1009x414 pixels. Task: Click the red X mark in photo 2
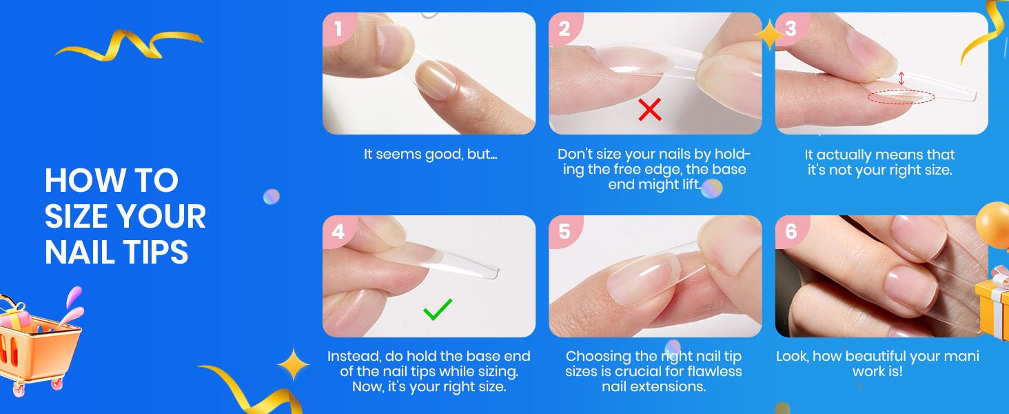click(x=649, y=110)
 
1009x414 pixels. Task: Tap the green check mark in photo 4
click(x=438, y=309)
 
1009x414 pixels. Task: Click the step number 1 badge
click(x=338, y=28)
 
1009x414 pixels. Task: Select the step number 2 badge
click(x=565, y=28)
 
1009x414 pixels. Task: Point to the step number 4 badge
click(x=338, y=231)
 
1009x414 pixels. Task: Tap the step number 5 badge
click(x=565, y=231)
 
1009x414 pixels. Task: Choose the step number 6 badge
click(x=791, y=231)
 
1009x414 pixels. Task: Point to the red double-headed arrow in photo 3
click(x=901, y=78)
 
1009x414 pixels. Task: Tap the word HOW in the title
click(x=83, y=180)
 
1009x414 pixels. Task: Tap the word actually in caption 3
click(x=851, y=155)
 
